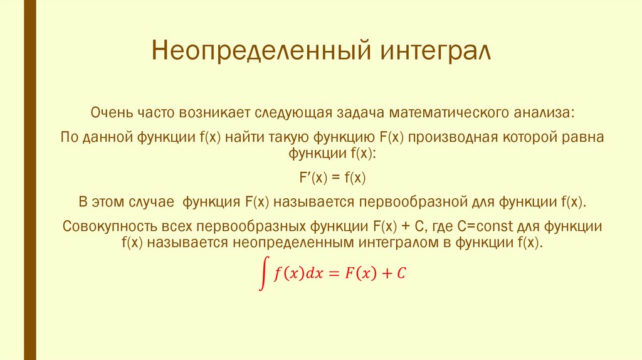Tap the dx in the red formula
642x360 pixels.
pos(313,273)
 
